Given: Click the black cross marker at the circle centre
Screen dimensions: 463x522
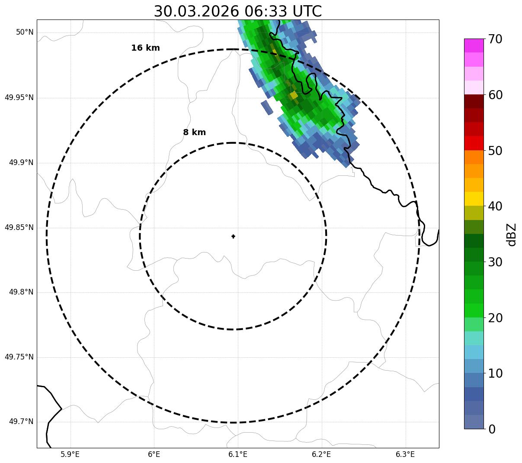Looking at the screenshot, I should pos(234,236).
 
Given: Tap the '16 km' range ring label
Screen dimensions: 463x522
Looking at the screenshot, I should pos(145,48).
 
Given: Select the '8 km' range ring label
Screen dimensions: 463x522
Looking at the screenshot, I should pos(194,133).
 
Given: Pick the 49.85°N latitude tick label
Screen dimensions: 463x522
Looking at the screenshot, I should pos(19,227).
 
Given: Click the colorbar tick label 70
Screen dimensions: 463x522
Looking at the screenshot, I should pos(495,39).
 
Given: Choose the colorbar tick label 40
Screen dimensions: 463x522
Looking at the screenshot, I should pos(495,206).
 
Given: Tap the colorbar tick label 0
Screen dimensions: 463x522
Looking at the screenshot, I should pos(493,429).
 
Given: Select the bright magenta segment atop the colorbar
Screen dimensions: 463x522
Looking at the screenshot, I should pos(474,45).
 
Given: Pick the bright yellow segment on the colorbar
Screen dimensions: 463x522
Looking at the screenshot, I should pos(474,199).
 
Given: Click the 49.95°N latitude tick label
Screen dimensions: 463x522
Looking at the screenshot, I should pos(19,97).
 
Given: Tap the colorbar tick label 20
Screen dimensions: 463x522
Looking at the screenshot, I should pos(495,318).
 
